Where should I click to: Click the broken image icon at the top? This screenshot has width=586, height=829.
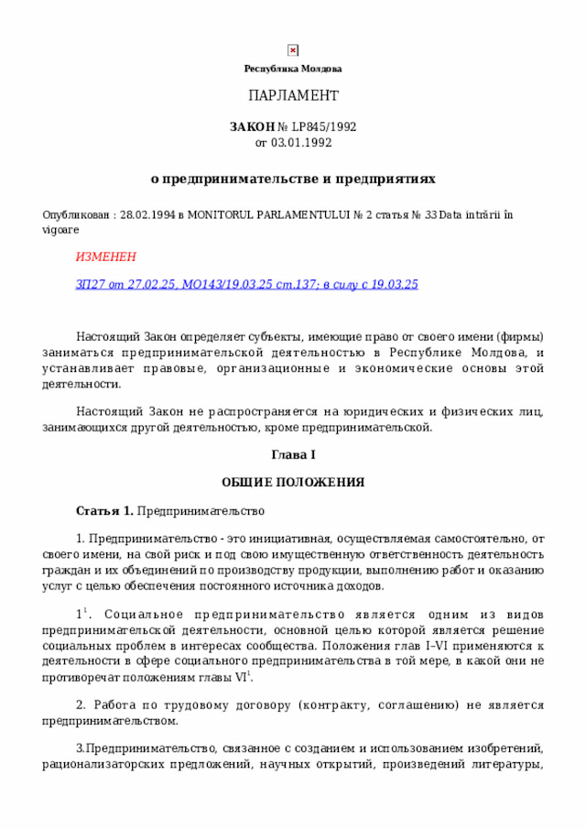click(293, 50)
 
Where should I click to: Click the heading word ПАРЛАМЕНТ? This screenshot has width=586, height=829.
click(293, 96)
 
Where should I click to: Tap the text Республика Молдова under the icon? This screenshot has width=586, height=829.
click(293, 69)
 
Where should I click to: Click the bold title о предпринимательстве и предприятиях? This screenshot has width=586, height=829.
click(293, 180)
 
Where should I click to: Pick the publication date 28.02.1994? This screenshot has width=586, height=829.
click(147, 215)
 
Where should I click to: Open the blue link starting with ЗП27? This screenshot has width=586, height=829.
click(246, 284)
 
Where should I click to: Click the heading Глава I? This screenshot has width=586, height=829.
click(293, 455)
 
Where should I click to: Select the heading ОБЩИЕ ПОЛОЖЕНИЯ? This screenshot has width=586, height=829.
click(293, 482)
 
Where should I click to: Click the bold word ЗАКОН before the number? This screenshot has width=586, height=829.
click(252, 126)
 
